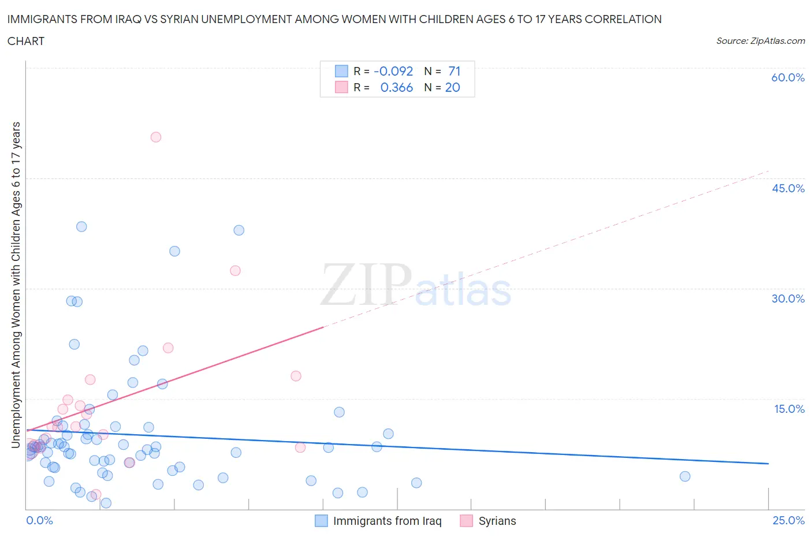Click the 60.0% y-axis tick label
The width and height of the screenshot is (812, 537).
788,77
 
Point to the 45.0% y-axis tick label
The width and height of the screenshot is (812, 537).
788,188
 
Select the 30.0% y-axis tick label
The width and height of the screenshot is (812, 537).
788,299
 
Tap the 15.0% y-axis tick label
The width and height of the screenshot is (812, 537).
789,409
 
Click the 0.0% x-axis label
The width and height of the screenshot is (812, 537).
40,520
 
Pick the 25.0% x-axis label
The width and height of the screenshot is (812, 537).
788,520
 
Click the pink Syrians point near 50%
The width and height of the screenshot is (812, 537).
155,137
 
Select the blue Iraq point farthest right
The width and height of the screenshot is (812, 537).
685,476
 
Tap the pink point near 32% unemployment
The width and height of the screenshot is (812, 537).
235,270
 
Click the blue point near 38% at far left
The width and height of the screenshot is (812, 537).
81,226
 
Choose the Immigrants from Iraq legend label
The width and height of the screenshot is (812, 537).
387,521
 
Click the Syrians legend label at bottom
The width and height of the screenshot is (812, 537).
497,521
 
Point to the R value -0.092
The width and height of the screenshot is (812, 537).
393,71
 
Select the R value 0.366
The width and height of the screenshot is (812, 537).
397,87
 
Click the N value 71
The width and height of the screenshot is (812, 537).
454,71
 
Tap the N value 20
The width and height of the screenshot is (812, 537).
452,87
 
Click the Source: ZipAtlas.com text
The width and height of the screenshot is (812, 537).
760,40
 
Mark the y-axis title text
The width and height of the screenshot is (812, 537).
16,285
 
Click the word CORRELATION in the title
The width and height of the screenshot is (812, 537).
623,19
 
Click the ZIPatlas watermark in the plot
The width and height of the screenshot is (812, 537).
416,286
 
